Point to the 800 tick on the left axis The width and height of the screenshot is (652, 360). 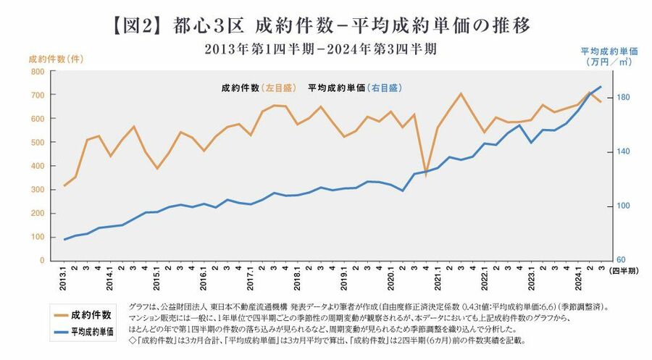[x=37, y=72]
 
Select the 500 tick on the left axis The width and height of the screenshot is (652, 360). [x=37, y=143]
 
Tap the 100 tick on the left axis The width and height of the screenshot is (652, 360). [x=37, y=237]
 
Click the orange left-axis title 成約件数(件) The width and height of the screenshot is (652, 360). [x=54, y=59]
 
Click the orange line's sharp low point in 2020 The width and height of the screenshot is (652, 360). [x=426, y=175]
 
